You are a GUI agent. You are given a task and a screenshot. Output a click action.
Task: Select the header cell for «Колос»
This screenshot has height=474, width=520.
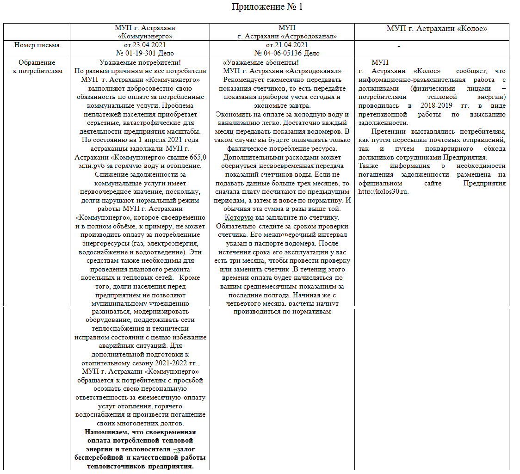[437, 29]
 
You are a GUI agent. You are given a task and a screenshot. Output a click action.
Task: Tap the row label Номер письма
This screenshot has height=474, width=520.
[37, 45]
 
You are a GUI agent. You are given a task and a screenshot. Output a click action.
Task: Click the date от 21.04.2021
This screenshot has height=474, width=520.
[287, 45]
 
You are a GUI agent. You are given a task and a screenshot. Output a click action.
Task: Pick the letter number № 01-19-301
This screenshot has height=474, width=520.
[136, 53]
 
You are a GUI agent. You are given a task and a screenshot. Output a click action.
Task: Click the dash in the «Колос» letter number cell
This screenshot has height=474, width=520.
[398, 46]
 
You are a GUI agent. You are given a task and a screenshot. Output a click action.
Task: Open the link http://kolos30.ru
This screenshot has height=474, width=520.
[384, 191]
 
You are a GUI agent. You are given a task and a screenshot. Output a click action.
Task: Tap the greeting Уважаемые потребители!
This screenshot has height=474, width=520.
[140, 63]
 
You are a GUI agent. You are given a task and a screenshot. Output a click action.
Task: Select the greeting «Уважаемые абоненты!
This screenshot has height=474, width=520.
[260, 63]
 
